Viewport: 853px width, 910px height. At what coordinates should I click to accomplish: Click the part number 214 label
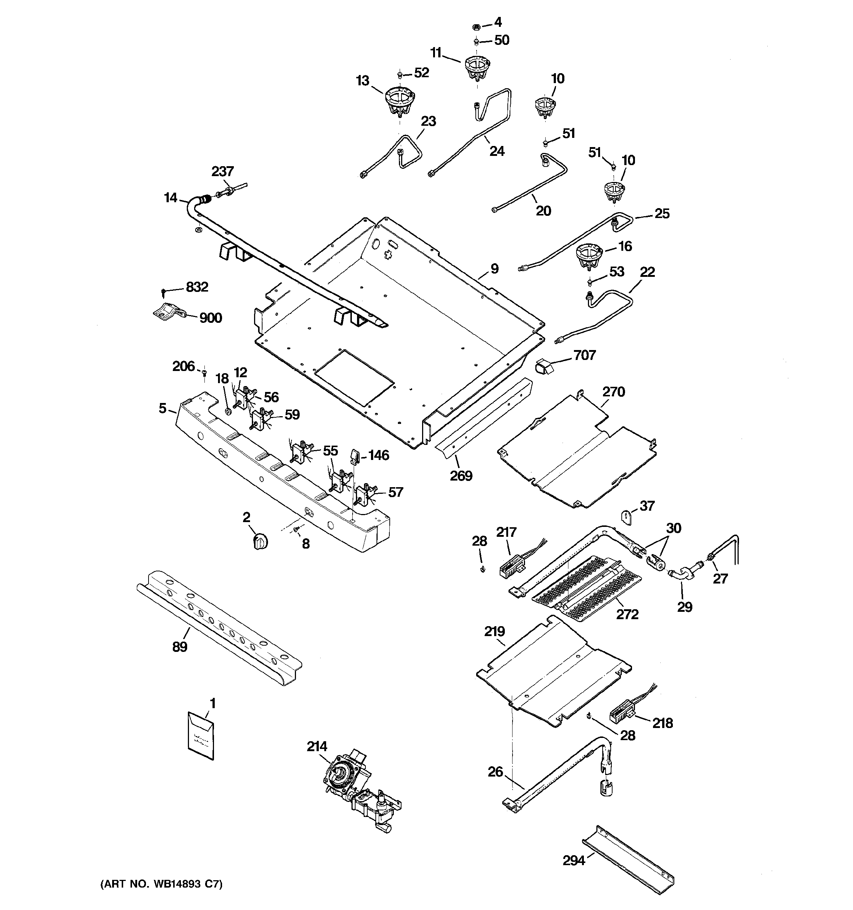pos(317,747)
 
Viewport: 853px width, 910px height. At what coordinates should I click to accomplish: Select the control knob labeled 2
pos(260,542)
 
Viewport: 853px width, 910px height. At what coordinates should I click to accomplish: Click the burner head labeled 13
pos(400,101)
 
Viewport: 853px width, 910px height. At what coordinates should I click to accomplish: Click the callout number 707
pos(585,355)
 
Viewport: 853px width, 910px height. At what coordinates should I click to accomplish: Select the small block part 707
pos(543,367)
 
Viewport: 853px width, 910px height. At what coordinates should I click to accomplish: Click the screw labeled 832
pos(164,290)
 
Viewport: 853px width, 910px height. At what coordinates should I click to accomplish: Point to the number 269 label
pos(461,476)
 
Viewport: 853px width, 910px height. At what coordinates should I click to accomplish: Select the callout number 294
pos(574,861)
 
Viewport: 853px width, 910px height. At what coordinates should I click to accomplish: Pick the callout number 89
pos(180,647)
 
